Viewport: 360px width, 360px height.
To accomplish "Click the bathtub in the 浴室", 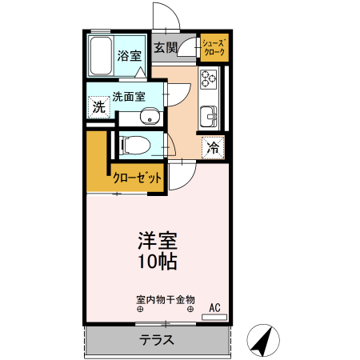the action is pos(101,56).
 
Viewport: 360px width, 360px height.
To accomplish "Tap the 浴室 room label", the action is pos(130,56).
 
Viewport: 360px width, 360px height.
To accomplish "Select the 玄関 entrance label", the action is pos(166,48).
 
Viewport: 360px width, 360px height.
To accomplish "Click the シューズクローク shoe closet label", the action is pos(214,47).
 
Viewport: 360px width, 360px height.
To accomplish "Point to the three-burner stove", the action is pos(209,78).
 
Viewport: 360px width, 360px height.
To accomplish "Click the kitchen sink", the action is pos(209,117).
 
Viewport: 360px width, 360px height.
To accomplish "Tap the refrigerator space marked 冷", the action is pos(213,147).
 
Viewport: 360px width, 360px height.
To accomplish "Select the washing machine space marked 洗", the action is pos(99,107).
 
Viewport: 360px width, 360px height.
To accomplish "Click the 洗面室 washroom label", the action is pos(129,97).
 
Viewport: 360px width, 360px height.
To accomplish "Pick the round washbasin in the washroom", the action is pos(150,116).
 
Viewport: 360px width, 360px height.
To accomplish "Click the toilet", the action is pos(135,146).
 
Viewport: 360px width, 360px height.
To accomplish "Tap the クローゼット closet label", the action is pos(137,178).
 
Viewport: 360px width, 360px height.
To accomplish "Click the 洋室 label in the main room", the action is pos(158,241).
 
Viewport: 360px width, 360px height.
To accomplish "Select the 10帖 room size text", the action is pos(158,262).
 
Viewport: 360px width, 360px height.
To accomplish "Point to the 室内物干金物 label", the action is pos(166,300).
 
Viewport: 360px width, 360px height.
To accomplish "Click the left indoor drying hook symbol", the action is pos(140,310).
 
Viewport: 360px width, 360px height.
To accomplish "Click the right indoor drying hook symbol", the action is pos(190,310).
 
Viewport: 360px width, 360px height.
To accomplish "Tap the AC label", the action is pos(214,307).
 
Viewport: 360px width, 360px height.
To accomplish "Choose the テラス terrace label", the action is pos(157,340).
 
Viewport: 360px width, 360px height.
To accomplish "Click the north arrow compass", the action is pos(263,341).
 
